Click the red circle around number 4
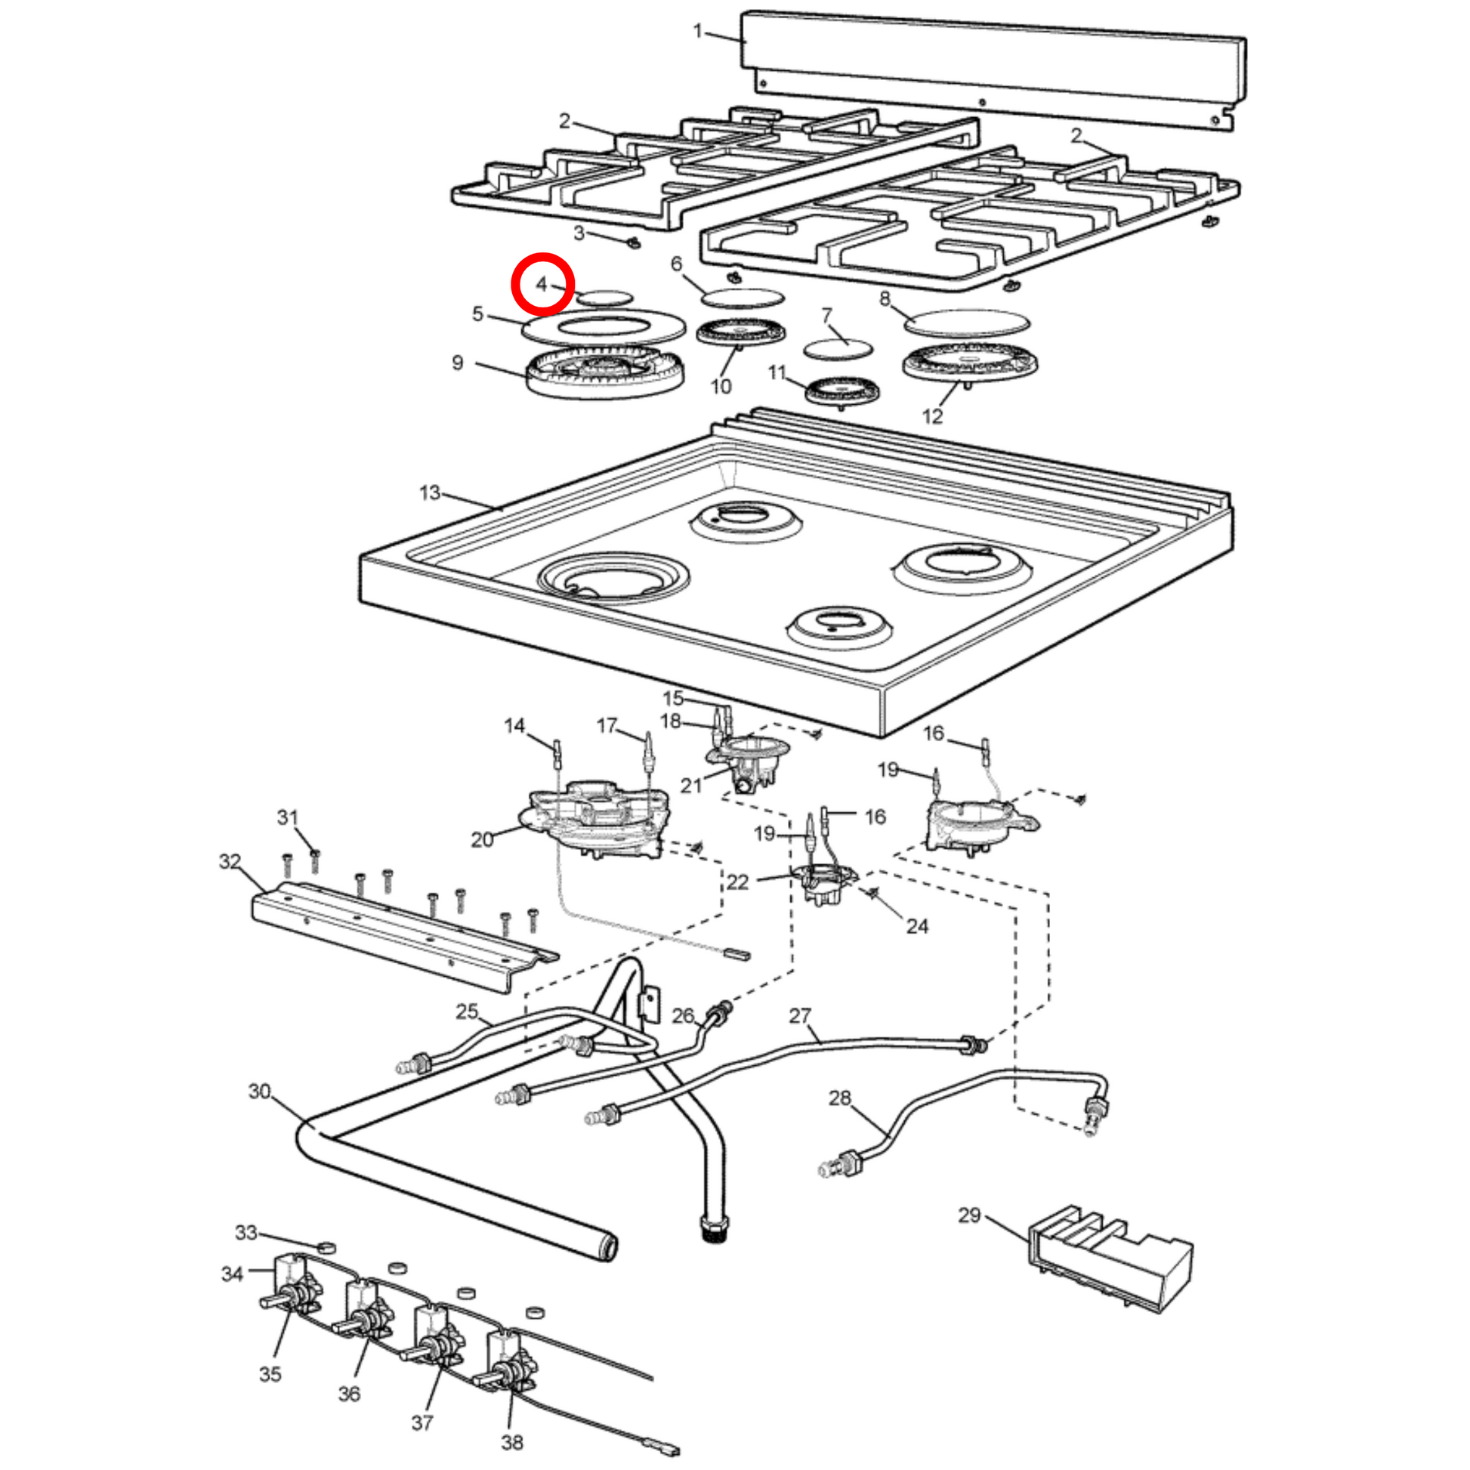point(542,284)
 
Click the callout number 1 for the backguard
point(698,31)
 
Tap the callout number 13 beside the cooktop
point(430,493)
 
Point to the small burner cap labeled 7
point(838,349)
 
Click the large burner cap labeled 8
point(966,321)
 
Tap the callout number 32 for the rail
point(230,861)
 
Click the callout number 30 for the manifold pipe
point(259,1091)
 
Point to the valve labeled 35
point(293,1298)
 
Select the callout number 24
point(917,926)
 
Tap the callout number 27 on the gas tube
point(800,1016)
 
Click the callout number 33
point(246,1232)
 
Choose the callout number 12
point(932,416)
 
